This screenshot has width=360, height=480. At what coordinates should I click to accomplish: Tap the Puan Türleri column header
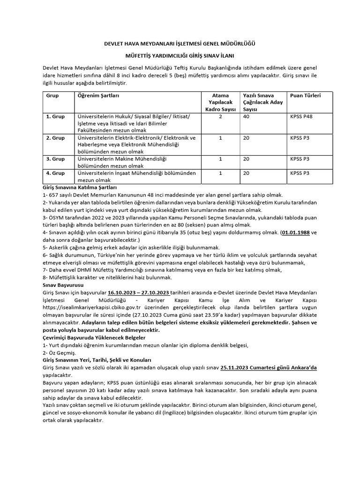coord(305,96)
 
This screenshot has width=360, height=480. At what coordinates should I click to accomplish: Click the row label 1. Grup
coord(55,117)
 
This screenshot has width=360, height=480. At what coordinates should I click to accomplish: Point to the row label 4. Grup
coord(55,173)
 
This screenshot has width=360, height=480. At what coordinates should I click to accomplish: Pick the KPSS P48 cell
coord(301,117)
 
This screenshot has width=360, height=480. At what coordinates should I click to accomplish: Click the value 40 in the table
coord(246,117)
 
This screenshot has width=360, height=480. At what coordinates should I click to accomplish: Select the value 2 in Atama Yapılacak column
coord(220,117)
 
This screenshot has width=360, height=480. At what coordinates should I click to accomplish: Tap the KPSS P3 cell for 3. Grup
coord(300,159)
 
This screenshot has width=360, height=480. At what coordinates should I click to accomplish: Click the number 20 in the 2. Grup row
coord(246,138)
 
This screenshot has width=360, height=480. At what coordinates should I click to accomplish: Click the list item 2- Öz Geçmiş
coord(59,352)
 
